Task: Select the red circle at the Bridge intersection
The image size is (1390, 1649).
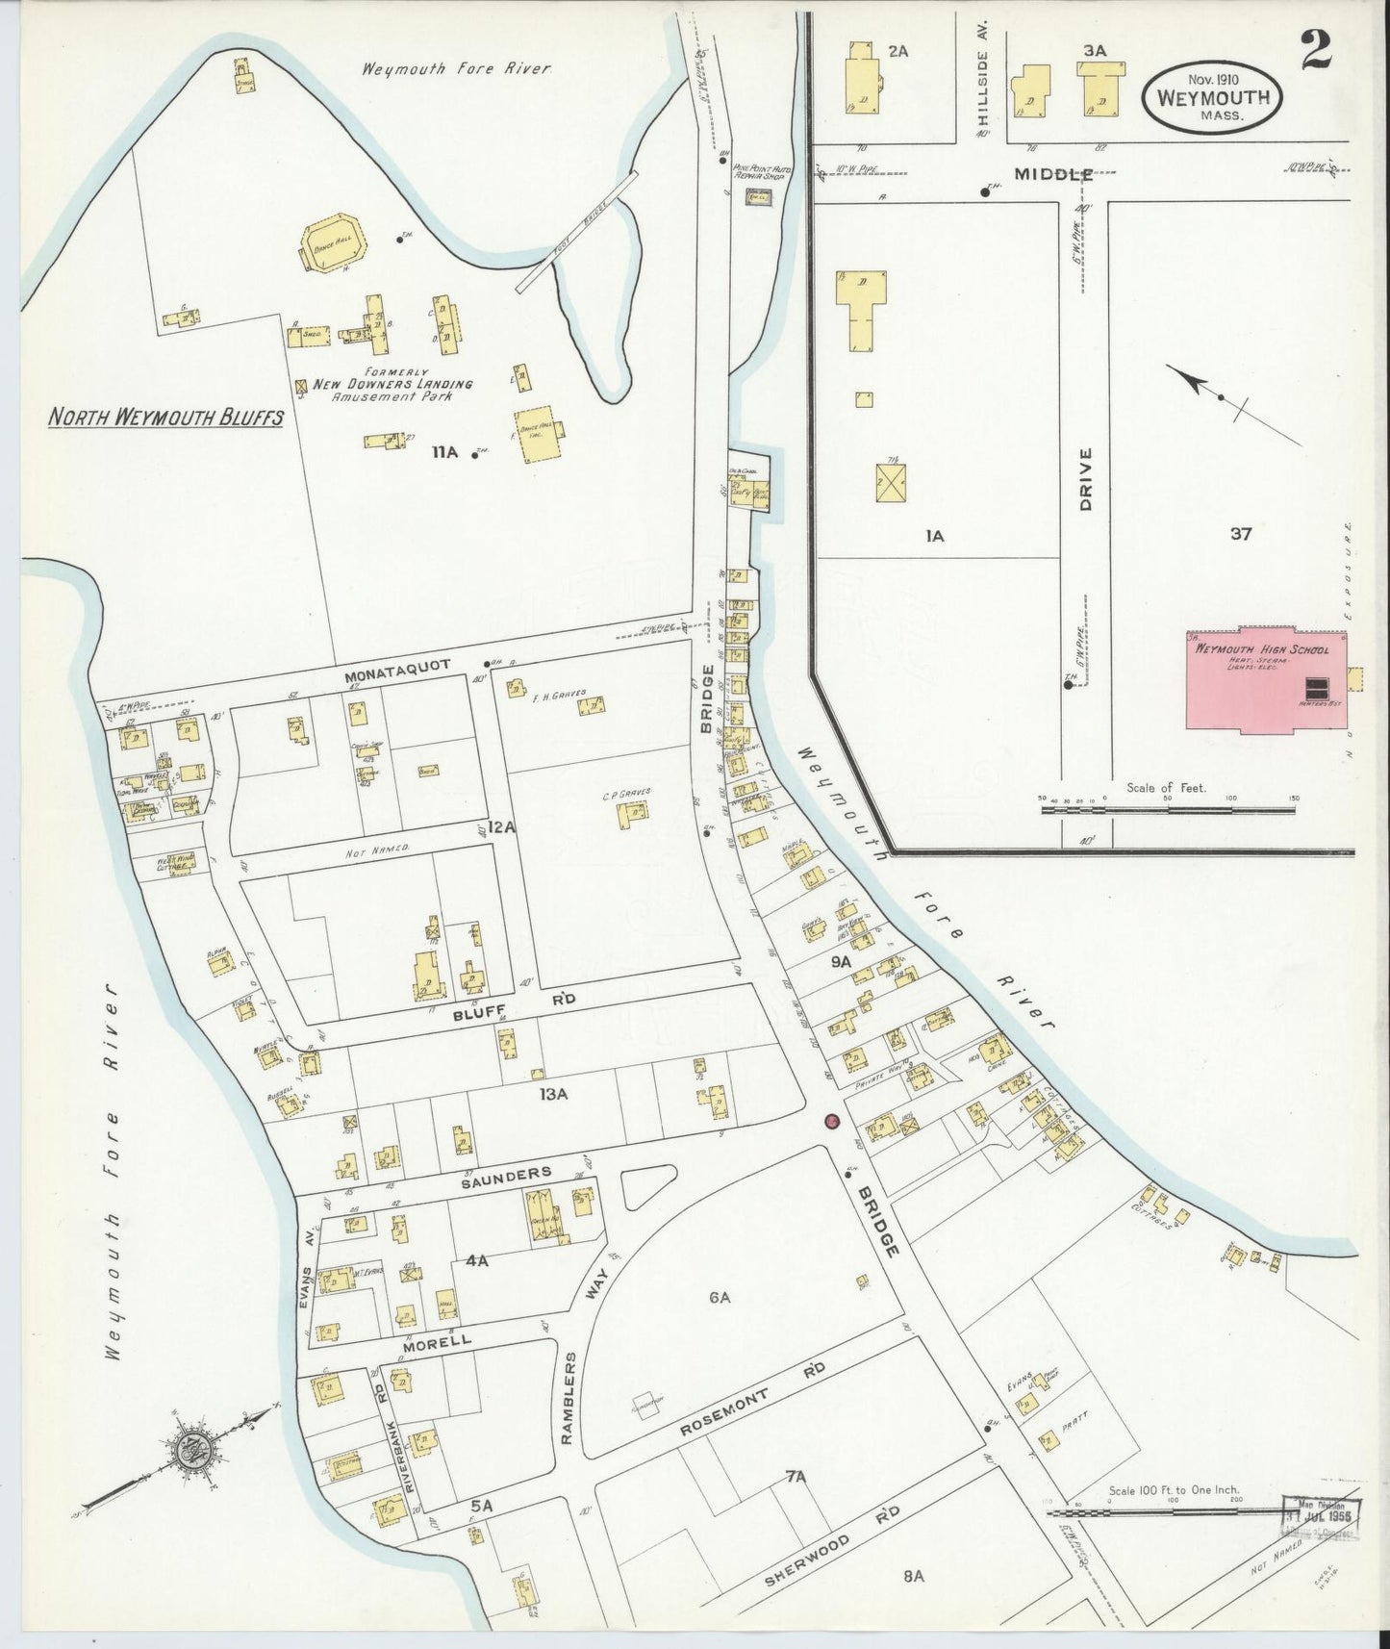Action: (832, 1121)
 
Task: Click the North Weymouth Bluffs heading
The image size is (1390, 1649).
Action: (166, 417)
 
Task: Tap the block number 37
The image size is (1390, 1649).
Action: (1241, 534)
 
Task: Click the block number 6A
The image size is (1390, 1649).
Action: (720, 1298)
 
